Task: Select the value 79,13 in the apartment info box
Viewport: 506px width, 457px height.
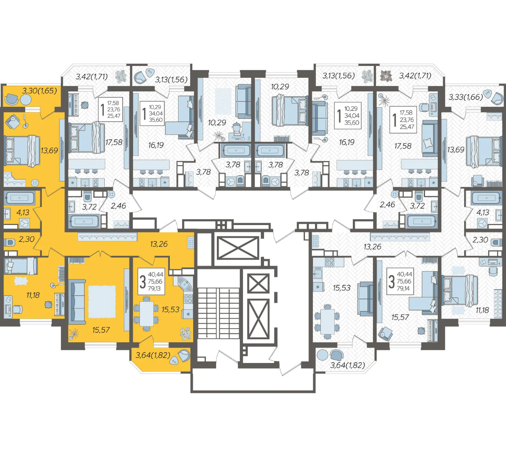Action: click(x=154, y=288)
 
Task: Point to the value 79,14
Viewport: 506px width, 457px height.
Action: click(x=403, y=288)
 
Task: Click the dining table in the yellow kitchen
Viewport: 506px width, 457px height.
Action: click(x=147, y=314)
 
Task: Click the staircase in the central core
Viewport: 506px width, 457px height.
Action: click(x=218, y=313)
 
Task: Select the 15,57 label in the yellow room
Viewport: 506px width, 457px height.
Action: click(x=101, y=330)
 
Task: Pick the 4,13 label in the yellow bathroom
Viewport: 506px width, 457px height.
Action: click(x=22, y=212)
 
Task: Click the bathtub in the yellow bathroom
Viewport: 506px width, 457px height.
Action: click(x=20, y=198)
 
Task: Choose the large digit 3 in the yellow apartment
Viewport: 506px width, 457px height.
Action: click(x=142, y=281)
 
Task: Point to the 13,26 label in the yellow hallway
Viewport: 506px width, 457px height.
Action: click(x=159, y=244)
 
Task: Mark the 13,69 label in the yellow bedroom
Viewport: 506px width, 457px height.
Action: click(x=49, y=150)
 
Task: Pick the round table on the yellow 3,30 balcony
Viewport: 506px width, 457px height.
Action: click(x=25, y=100)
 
